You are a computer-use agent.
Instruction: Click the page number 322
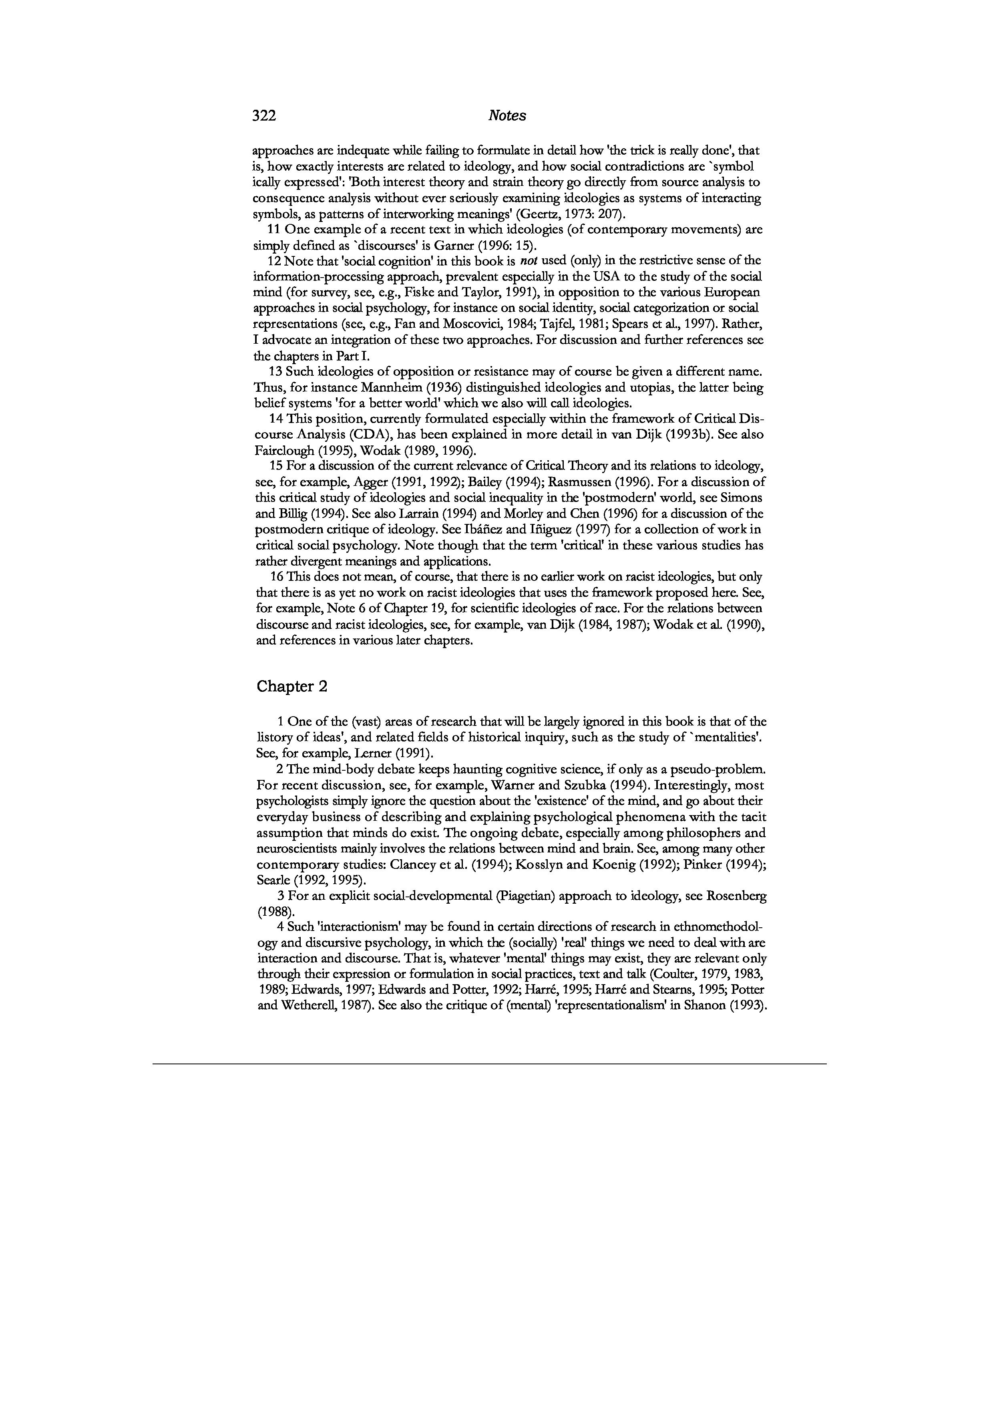[264, 116]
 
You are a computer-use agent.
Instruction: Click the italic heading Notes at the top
[507, 116]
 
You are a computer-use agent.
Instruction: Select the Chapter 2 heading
[291, 686]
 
